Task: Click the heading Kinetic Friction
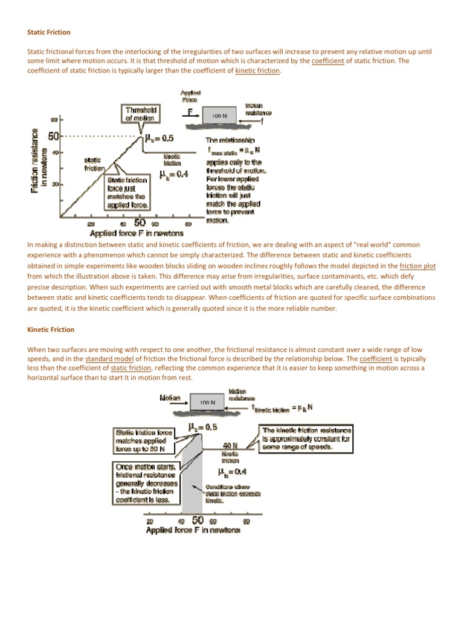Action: click(x=51, y=329)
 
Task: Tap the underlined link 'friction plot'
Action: click(x=418, y=265)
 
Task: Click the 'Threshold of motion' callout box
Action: click(x=141, y=114)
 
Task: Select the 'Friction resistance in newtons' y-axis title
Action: click(x=37, y=160)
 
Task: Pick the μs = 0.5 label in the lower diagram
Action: click(x=202, y=427)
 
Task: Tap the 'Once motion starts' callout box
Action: click(x=145, y=483)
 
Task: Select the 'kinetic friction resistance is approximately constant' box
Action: click(x=306, y=438)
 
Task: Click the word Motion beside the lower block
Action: click(x=170, y=398)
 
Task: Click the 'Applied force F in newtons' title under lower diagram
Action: click(x=193, y=530)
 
